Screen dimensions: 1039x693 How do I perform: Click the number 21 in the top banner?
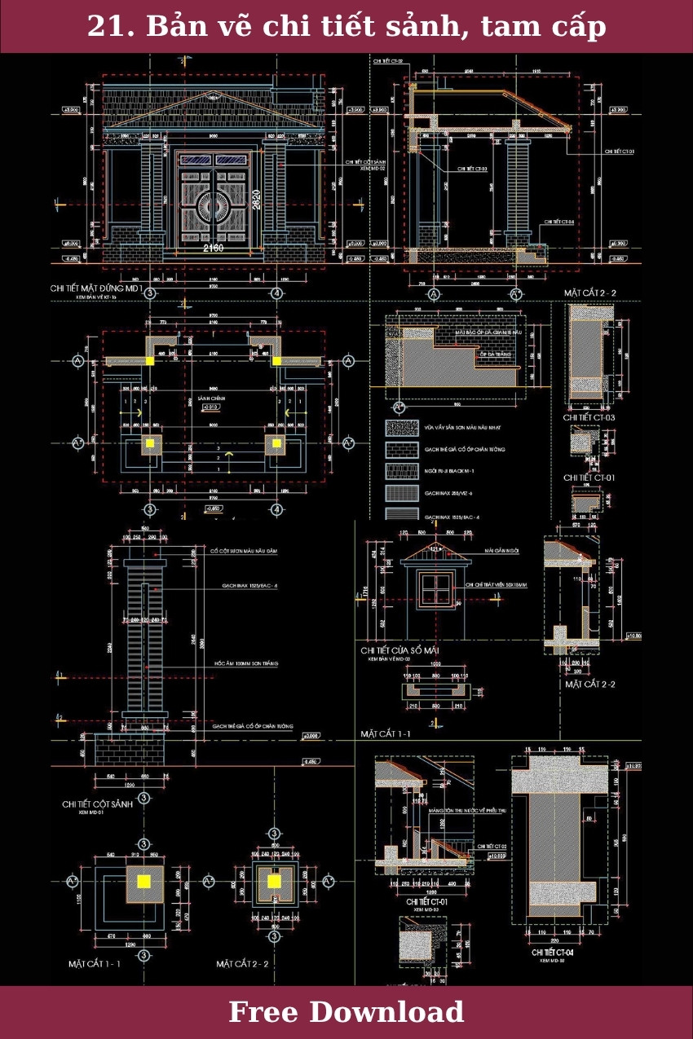click(104, 27)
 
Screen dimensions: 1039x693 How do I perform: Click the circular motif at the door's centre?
click(214, 206)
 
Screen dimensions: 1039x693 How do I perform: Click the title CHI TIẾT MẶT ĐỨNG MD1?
click(96, 288)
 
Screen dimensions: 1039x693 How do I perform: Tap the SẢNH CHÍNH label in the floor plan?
click(211, 400)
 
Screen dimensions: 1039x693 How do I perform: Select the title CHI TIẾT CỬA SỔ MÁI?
click(407, 649)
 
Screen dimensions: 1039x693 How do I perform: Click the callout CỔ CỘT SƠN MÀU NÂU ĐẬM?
click(244, 552)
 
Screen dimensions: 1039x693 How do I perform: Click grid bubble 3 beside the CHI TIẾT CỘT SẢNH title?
click(143, 797)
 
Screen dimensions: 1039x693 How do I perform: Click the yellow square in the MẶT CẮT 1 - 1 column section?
click(143, 881)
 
